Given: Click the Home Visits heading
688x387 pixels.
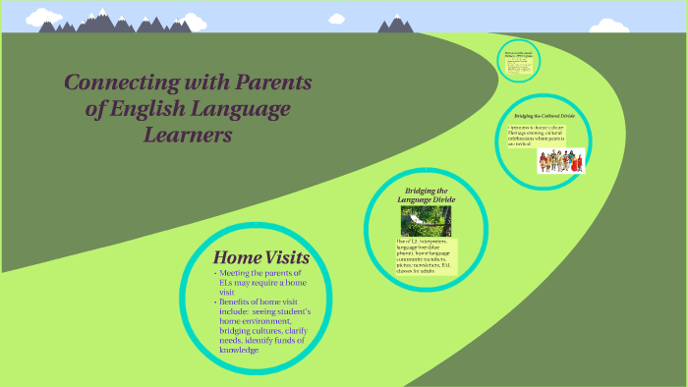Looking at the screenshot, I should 261,258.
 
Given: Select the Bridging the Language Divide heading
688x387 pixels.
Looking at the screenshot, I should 426,195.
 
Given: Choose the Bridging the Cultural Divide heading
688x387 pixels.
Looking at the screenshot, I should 544,116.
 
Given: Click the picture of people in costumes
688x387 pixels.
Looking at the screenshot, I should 560,161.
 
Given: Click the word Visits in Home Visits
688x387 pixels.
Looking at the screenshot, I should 286,258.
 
